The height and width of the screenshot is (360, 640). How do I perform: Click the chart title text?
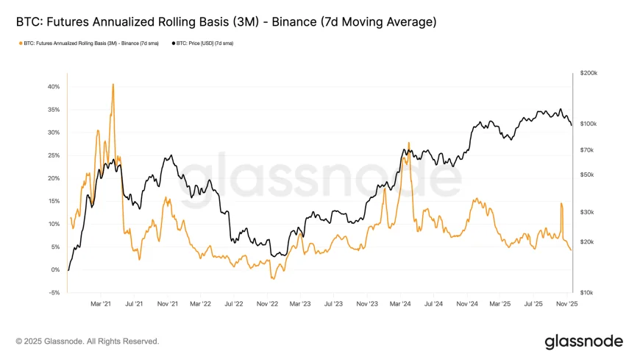pyautogui.click(x=226, y=23)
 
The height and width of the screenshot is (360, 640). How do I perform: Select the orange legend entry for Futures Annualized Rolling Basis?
pyautogui.click(x=89, y=43)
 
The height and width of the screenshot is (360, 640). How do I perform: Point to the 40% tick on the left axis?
pyautogui.click(x=53, y=87)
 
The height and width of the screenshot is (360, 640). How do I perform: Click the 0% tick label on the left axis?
pyautogui.click(x=54, y=270)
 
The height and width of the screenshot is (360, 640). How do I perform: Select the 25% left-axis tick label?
pyautogui.click(x=53, y=155)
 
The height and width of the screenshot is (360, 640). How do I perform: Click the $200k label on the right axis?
pyautogui.click(x=589, y=74)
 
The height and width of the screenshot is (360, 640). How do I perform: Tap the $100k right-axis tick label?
pyautogui.click(x=589, y=124)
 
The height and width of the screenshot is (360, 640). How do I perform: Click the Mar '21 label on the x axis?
pyautogui.click(x=101, y=303)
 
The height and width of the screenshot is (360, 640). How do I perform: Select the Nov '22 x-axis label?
pyautogui.click(x=267, y=303)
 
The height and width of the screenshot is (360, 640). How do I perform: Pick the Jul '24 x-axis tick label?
pyautogui.click(x=433, y=303)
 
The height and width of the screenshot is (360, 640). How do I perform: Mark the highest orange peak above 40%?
pyautogui.click(x=113, y=84)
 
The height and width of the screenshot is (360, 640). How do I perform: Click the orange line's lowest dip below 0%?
pyautogui.click(x=272, y=278)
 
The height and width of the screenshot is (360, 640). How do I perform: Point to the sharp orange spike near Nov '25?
pyautogui.click(x=561, y=203)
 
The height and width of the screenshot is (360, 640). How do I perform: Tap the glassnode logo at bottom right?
pyautogui.click(x=583, y=342)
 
